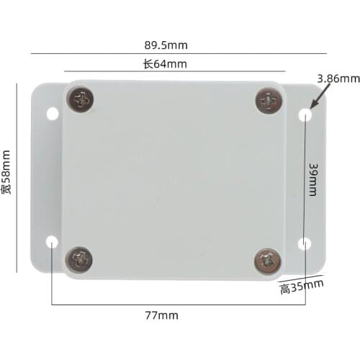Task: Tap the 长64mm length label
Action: (x=165, y=64)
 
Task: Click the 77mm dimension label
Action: (x=161, y=315)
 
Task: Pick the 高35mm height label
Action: (x=302, y=288)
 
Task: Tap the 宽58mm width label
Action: (x=6, y=172)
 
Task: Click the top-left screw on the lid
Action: (x=81, y=100)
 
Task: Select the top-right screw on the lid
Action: (x=268, y=100)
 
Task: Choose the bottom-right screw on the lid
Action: (x=269, y=259)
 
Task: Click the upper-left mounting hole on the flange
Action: (x=52, y=114)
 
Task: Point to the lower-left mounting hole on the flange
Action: (x=52, y=243)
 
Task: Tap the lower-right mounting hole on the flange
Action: (x=305, y=244)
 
